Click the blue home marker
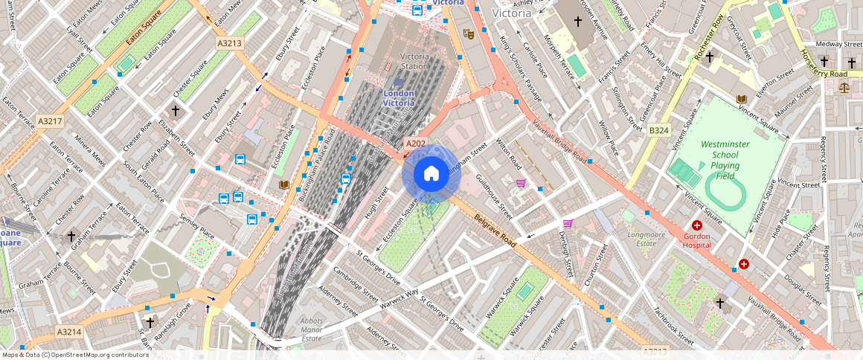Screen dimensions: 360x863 coord(431,174)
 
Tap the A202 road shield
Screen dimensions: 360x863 coord(414,143)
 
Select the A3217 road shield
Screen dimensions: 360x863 coord(50,120)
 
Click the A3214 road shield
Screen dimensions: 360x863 coord(68,332)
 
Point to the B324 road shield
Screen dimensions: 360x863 coord(658,130)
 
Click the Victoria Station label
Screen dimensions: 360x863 coord(414,60)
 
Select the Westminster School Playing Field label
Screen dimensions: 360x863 coord(725,159)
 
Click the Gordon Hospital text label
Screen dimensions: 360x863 coord(697,240)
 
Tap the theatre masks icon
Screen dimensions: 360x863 coord(468,33)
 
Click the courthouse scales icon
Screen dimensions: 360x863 coord(843,87)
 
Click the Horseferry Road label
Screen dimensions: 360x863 coord(823,64)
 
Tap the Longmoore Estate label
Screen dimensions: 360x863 coord(641,238)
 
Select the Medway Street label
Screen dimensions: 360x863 coord(838,44)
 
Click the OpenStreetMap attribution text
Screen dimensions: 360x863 coord(74,355)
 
